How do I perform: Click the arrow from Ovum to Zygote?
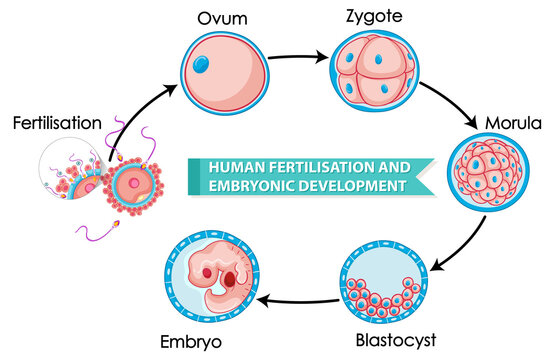coord(295,56)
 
